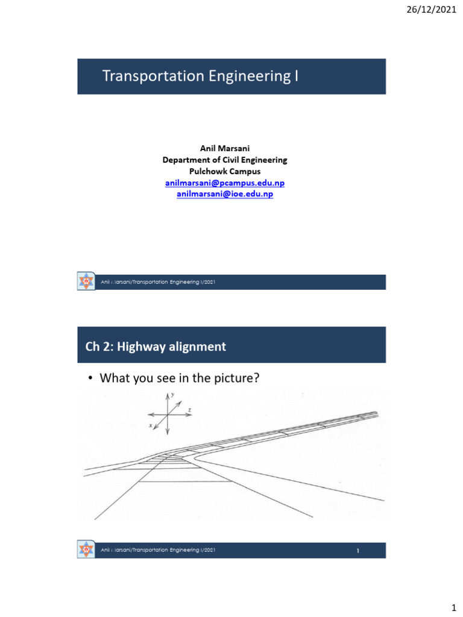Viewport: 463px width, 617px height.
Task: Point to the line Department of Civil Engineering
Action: pos(224,160)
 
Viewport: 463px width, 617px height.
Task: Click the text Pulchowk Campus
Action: pos(224,171)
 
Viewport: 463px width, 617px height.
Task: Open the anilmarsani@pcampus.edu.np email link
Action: pos(224,183)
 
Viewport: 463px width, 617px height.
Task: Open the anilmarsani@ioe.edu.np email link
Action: pos(224,194)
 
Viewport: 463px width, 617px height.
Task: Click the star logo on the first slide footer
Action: pos(87,282)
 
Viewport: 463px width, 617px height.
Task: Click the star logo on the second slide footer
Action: pos(87,550)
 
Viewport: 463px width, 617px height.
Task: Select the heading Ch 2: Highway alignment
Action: pos(156,346)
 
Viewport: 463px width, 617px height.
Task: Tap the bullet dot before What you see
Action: pos(90,379)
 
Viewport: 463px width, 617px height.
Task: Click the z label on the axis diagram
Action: pos(189,409)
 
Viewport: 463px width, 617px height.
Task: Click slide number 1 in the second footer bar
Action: pos(357,550)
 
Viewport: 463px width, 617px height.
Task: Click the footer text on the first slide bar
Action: pos(159,283)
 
